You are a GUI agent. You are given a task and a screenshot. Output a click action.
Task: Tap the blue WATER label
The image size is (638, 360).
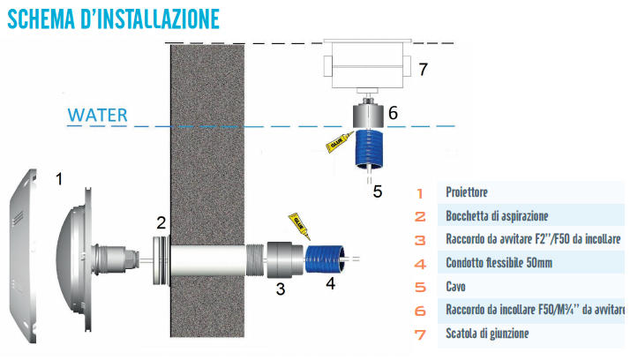click(98, 115)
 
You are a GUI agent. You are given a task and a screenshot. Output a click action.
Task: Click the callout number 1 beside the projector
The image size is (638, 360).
click(59, 179)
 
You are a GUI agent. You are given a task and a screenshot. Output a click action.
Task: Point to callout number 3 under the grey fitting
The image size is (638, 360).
click(280, 289)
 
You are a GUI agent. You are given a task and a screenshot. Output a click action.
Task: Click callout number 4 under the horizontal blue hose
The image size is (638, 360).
click(331, 283)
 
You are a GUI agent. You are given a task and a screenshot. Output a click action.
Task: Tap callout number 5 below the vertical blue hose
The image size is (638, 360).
click(377, 190)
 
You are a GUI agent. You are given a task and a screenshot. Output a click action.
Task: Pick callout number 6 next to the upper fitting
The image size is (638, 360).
click(393, 113)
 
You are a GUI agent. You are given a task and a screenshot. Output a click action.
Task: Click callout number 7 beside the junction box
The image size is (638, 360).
click(424, 69)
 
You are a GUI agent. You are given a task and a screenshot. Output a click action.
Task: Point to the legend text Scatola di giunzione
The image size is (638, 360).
click(488, 334)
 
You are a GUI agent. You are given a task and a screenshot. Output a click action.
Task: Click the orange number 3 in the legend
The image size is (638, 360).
click(421, 240)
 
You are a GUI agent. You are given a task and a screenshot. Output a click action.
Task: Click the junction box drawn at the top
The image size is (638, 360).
click(367, 67)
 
